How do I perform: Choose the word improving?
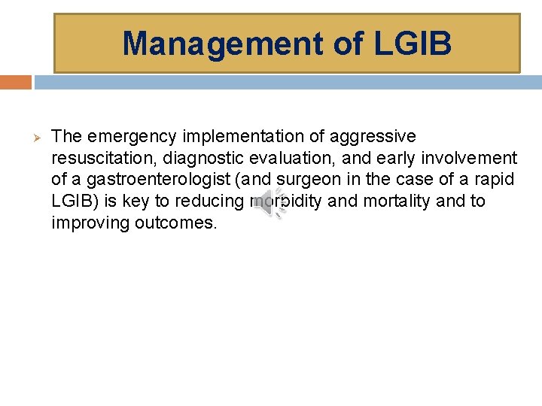(88, 223)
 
